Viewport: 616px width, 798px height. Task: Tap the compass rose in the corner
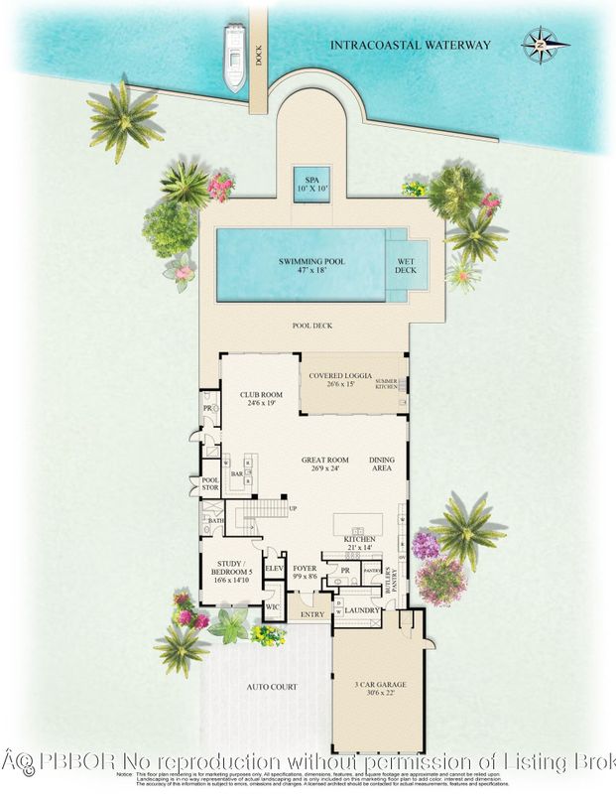(x=540, y=44)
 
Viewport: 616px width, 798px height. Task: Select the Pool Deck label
(x=311, y=326)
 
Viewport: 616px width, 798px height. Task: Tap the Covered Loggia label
(x=340, y=380)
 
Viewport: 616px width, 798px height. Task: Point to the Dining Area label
(x=382, y=465)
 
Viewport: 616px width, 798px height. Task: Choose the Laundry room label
(x=364, y=609)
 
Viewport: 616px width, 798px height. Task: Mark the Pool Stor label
(x=209, y=486)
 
